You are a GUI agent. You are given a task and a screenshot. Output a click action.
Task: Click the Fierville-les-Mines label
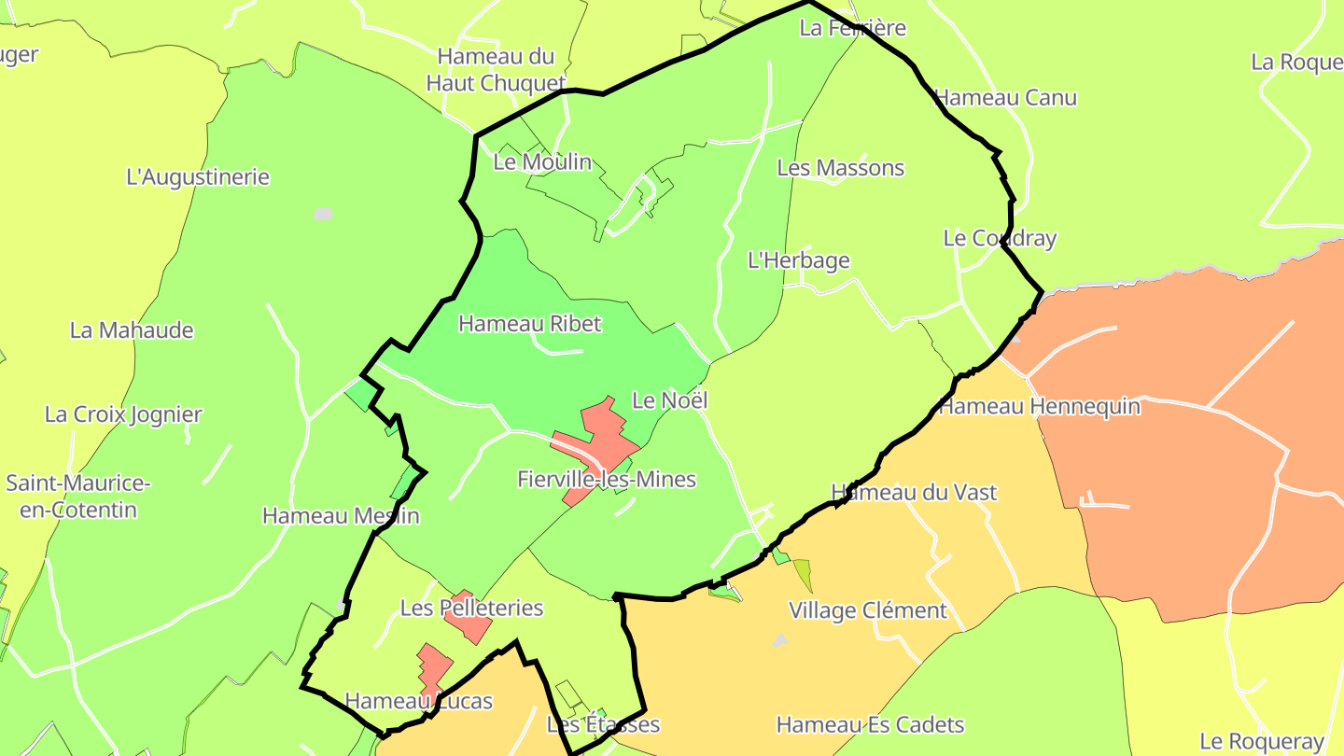tap(607, 480)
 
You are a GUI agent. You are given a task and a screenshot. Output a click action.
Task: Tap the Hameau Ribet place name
tap(529, 324)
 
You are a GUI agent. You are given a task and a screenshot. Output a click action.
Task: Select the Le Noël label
tap(670, 400)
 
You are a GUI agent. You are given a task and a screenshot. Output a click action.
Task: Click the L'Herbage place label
tap(799, 260)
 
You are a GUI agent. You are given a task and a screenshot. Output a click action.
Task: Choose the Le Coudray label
tap(1000, 238)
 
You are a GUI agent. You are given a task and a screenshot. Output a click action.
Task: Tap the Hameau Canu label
tap(1005, 98)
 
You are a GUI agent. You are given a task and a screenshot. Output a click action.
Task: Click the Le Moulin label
tap(542, 162)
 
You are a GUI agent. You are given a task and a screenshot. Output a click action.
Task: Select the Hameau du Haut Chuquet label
tap(496, 70)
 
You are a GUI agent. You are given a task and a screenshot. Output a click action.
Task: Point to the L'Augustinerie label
tap(198, 177)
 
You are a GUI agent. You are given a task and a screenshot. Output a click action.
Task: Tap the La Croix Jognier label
tap(123, 414)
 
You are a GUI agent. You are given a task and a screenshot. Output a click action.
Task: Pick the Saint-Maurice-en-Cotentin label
tap(77, 497)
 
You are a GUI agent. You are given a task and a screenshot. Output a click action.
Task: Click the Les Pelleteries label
tap(471, 609)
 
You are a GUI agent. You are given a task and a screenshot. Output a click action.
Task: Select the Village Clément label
tap(868, 611)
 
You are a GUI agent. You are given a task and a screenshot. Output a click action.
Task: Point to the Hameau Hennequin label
tap(1039, 407)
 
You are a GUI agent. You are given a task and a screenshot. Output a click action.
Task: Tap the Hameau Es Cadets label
tap(870, 725)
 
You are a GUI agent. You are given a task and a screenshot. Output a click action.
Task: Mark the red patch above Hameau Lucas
tap(433, 668)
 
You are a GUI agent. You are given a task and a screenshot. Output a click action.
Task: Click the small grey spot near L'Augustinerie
tap(323, 215)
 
